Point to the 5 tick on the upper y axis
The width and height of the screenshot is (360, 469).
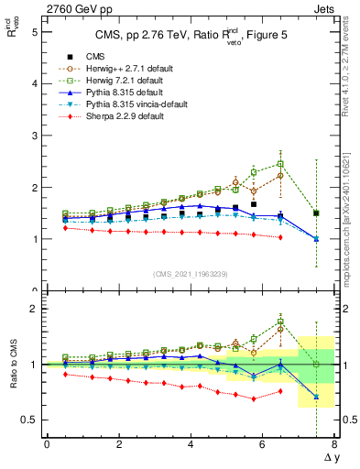[x=34, y=31]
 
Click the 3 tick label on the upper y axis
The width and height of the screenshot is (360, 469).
[x=34, y=136]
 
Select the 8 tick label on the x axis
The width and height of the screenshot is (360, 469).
[x=334, y=444]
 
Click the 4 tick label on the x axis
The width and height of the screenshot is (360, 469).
[x=191, y=444]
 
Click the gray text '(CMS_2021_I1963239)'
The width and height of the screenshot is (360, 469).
[x=190, y=274]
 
